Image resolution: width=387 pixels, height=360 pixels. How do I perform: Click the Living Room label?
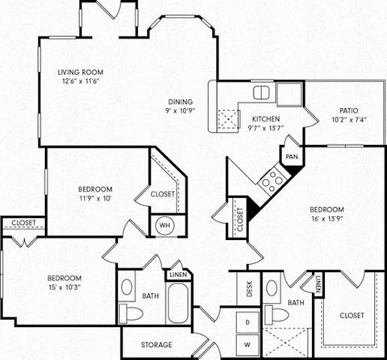pos(81,71)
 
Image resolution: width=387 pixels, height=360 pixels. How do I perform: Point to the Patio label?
pos(348,110)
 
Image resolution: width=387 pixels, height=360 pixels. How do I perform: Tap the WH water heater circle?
pos(164,226)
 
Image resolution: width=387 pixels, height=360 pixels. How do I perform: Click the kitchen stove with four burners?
pos(273,178)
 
